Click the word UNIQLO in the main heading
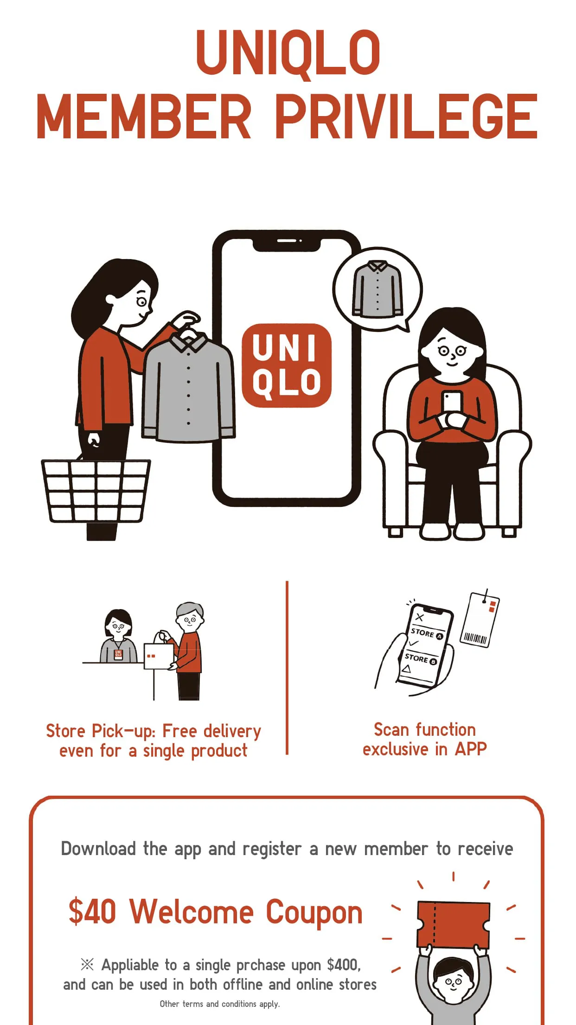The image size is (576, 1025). pyautogui.click(x=288, y=52)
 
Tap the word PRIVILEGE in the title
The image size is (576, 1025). pyautogui.click(x=406, y=116)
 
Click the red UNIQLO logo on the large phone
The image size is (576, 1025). pyautogui.click(x=287, y=366)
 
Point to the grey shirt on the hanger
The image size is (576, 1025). pyautogui.click(x=188, y=390)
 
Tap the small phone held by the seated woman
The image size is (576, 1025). pyautogui.click(x=452, y=402)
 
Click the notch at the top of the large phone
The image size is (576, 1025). pyautogui.click(x=287, y=242)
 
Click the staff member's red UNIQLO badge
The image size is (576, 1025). pyautogui.click(x=118, y=655)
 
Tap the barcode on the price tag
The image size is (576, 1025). pyautogui.click(x=475, y=639)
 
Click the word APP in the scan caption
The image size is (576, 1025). pyautogui.click(x=471, y=749)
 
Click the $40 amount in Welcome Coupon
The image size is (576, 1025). pyautogui.click(x=92, y=911)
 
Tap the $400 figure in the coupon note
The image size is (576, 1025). pyautogui.click(x=343, y=965)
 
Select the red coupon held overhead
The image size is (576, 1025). pyautogui.click(x=453, y=925)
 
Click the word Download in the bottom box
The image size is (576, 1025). pyautogui.click(x=98, y=849)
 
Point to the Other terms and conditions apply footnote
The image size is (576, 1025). pyautogui.click(x=220, y=1004)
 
